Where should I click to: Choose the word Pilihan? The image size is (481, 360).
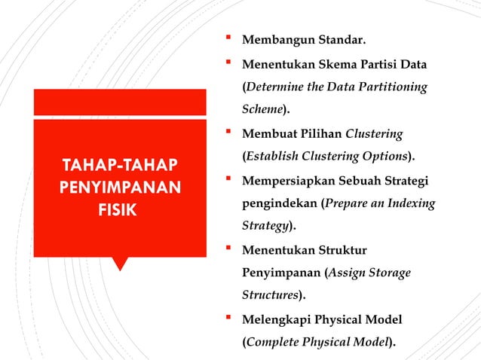(320, 134)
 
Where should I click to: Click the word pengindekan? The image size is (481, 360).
(279, 204)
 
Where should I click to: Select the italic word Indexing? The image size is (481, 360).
(412, 204)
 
